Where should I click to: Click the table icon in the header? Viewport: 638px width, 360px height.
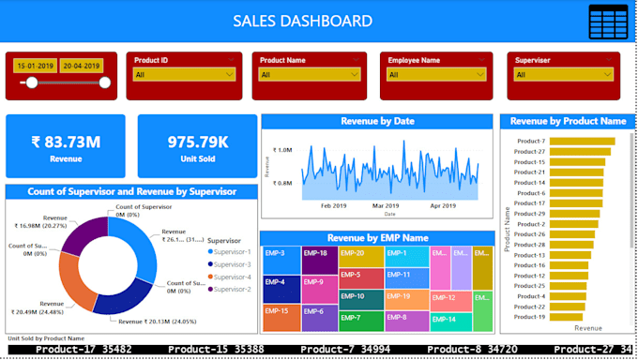608,22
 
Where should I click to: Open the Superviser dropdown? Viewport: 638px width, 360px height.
559,74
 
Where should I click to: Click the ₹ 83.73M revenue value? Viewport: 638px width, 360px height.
66,142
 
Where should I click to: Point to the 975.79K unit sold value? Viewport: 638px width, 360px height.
197,142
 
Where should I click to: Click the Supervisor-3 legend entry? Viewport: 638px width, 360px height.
230,265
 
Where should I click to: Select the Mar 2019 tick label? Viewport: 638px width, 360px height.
385,204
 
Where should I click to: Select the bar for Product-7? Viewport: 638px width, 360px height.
582,142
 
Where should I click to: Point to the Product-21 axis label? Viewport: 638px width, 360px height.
529,172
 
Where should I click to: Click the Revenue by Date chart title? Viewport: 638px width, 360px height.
376,121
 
